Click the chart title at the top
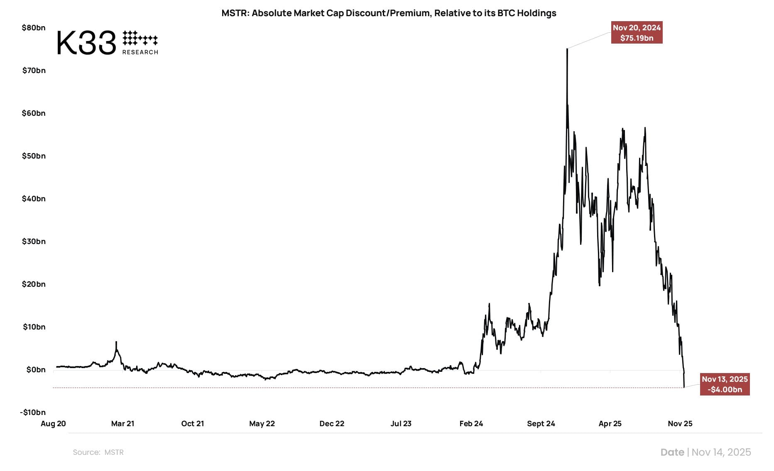389,13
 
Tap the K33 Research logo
107,43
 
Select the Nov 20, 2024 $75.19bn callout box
637,33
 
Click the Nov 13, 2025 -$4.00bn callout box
725,384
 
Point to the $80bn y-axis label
34,28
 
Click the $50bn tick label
34,156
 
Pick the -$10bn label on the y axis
33,412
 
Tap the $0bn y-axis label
36,370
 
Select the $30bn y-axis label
34,242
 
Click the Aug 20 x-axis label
53,424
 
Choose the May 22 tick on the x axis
262,424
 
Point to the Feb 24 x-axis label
471,424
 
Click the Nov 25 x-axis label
680,424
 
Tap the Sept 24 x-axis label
541,424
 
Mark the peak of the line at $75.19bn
567,49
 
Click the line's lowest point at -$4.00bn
684,387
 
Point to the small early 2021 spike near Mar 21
116,342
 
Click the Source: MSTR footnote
98,452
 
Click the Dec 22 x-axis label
332,424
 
